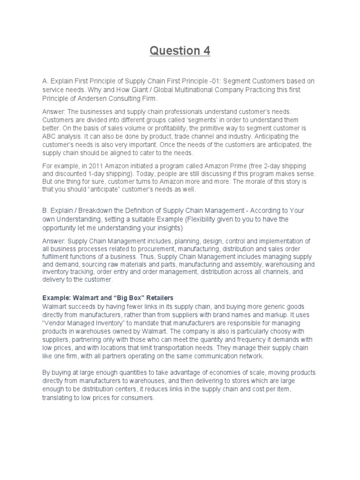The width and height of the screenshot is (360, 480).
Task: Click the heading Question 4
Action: pos(180,50)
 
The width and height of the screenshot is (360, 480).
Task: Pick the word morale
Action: pos(270,181)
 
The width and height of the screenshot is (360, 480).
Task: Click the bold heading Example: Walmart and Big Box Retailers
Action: pos(108,298)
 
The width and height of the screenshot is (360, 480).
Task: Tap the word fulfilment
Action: pos(56,256)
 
